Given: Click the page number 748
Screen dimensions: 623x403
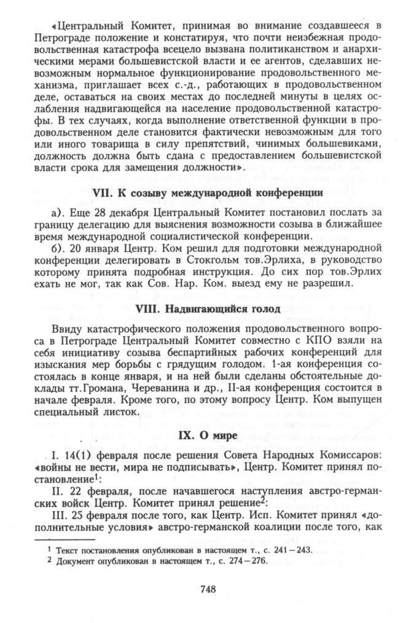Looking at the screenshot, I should pos(206,589).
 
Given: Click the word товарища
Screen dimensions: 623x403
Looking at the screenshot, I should pos(110,143).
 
